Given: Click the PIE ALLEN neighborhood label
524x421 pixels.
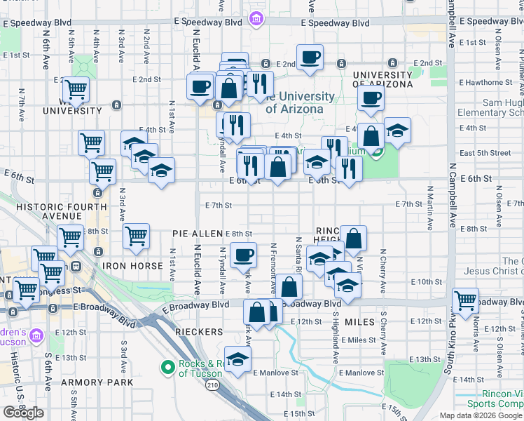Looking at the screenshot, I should tap(198, 233).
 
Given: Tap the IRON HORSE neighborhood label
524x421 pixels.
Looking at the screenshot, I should tap(129, 266).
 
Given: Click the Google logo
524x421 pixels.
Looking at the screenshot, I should tap(24, 413).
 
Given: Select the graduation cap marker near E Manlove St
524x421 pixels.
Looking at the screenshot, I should tap(238, 359).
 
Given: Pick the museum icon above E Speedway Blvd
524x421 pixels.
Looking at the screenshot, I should tap(256, 17).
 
